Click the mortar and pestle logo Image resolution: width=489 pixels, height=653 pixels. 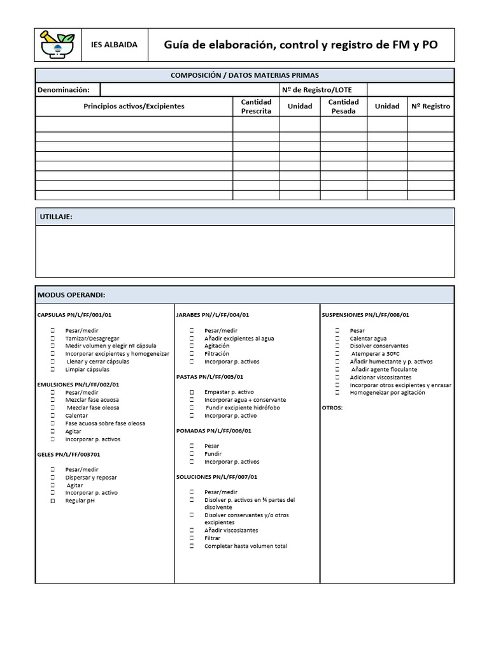tap(57, 45)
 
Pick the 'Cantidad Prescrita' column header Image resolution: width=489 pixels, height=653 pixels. tap(256, 106)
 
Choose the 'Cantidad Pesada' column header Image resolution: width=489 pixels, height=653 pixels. tap(343, 106)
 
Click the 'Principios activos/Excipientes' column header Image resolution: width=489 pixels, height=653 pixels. tap(134, 106)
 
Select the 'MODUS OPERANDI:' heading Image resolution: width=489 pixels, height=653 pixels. tap(71, 295)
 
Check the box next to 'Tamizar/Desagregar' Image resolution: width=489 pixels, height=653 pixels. tap(53, 339)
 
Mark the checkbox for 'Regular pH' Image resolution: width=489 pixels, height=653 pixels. tap(53, 501)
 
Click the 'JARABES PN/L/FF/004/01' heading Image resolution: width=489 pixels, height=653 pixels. tap(213, 315)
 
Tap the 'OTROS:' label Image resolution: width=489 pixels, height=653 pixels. tap(332, 407)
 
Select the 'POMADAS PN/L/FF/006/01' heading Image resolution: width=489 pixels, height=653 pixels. tap(213, 430)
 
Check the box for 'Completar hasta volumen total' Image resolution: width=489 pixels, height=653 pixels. tap(192, 546)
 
